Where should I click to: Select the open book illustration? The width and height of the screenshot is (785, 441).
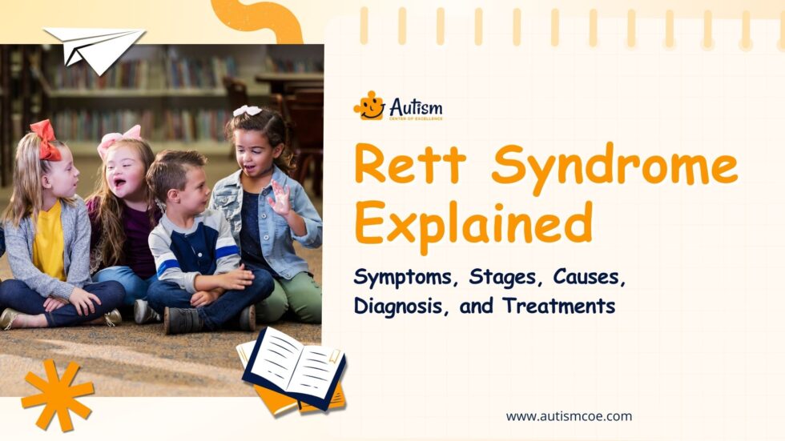pyautogui.click(x=294, y=370)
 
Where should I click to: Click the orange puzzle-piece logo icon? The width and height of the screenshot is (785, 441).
pyautogui.click(x=368, y=106)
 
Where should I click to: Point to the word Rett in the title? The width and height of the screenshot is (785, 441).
pyautogui.click(x=409, y=166)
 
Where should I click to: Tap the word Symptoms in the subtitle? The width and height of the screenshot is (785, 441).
pyautogui.click(x=398, y=278)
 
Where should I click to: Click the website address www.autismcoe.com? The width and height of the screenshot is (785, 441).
pyautogui.click(x=569, y=416)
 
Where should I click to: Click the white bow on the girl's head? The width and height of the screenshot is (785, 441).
pyautogui.click(x=246, y=110)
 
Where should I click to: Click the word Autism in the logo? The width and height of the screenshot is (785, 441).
pyautogui.click(x=416, y=106)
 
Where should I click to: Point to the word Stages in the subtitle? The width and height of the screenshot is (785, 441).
pyautogui.click(x=488, y=278)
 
